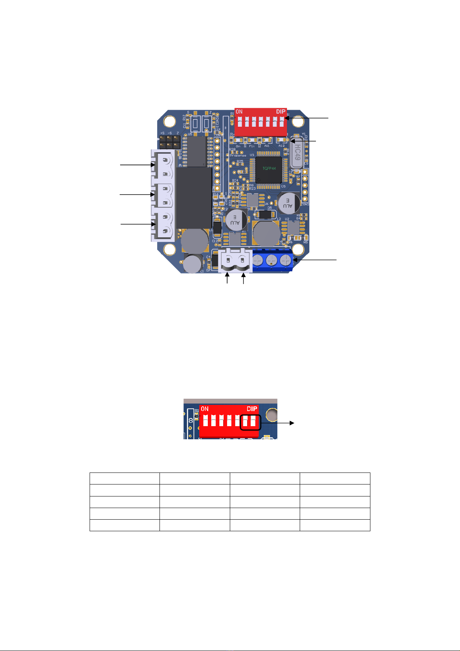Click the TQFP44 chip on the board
click(x=268, y=169)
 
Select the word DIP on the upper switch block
click(x=281, y=112)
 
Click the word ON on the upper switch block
click(x=239, y=112)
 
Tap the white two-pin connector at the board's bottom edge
click(x=235, y=261)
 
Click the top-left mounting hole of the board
click(x=169, y=121)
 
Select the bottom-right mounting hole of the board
click(x=299, y=250)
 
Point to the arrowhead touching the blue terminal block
click(x=295, y=260)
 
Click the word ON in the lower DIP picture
click(x=205, y=409)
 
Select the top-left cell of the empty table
click(x=125, y=478)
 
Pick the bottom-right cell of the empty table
click(x=335, y=525)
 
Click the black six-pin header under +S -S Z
click(x=170, y=142)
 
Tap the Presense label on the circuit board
click(x=238, y=156)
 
